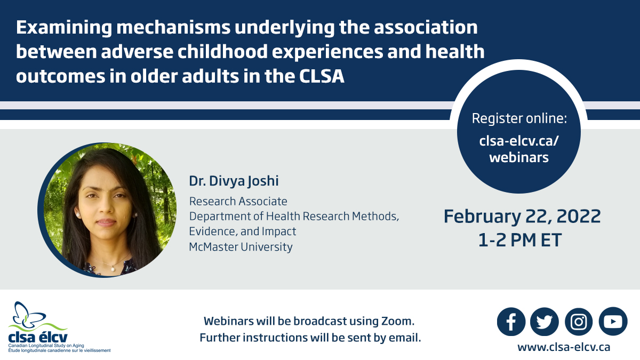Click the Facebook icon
[511, 322]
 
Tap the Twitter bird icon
[545, 322]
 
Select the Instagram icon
[579, 322]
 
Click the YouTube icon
[613, 322]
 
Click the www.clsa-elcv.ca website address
[563, 347]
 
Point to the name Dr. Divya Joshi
[234, 181]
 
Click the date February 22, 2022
[522, 216]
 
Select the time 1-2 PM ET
[520, 240]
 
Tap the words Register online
[519, 118]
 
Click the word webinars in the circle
[519, 157]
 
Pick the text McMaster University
[241, 247]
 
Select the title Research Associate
[238, 201]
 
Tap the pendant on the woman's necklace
[113, 268]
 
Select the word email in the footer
[404, 338]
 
